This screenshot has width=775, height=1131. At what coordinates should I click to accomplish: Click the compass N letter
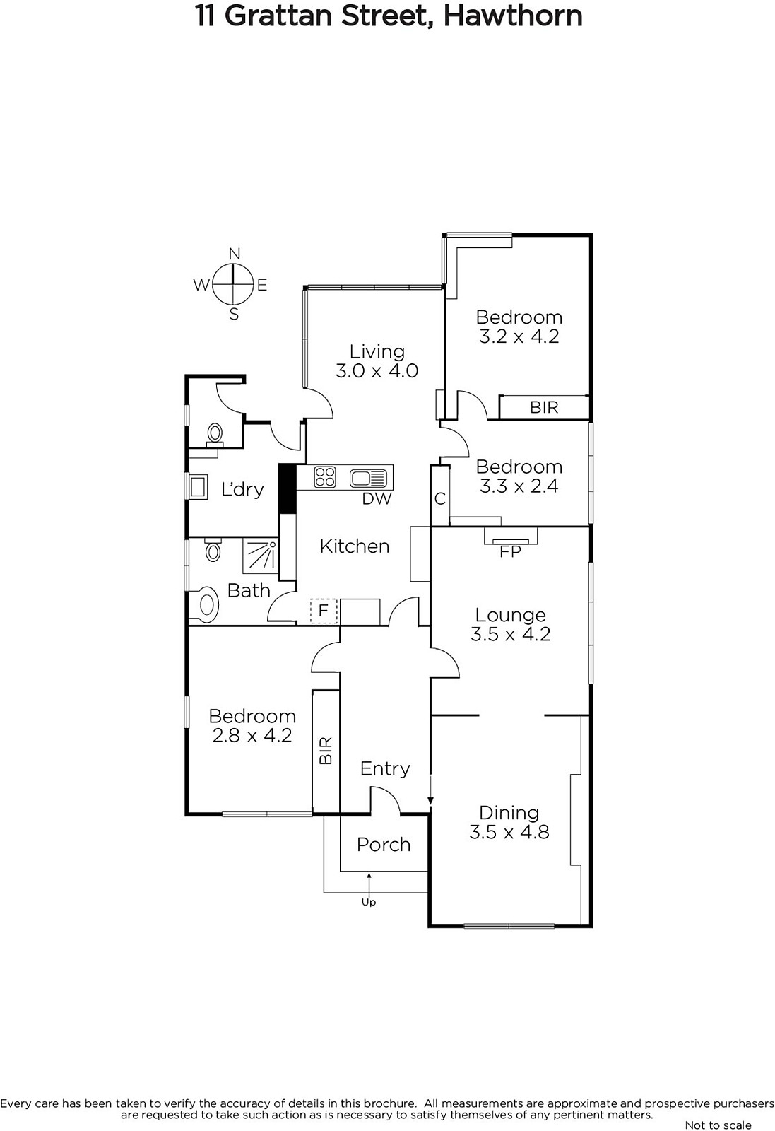click(x=234, y=254)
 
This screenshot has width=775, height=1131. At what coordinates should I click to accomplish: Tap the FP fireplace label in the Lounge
click(x=510, y=552)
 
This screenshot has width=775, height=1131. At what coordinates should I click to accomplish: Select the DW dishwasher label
click(x=377, y=499)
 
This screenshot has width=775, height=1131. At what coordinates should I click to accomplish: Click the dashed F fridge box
click(x=324, y=611)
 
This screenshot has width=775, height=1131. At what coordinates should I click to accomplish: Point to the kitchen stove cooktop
click(x=325, y=477)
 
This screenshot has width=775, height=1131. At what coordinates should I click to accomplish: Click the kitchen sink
click(x=368, y=478)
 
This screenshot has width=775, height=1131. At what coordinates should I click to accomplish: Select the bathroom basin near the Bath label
click(x=206, y=604)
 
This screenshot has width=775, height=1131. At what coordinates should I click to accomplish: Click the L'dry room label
click(x=243, y=489)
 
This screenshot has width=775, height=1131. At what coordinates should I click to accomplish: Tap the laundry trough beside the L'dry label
click(x=197, y=486)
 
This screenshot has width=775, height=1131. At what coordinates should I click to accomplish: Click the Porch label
click(x=384, y=845)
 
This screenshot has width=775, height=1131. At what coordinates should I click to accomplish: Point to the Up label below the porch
click(x=369, y=902)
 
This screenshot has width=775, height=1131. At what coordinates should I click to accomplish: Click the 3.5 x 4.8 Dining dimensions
click(x=509, y=831)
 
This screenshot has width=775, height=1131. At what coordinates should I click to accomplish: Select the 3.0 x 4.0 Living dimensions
click(x=377, y=370)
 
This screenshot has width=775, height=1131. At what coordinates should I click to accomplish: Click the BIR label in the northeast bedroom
click(x=544, y=407)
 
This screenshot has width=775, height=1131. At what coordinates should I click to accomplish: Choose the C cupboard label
click(x=440, y=499)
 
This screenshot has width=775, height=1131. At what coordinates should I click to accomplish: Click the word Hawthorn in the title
click(x=513, y=16)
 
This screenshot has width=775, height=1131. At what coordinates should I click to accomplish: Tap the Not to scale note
click(x=718, y=1125)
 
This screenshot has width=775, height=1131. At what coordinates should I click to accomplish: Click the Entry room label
click(x=385, y=769)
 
